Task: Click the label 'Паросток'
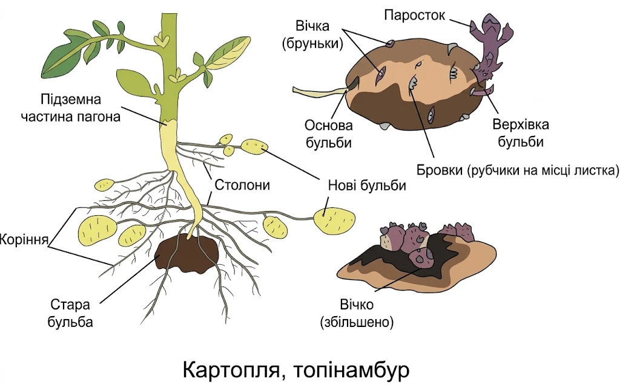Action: (x=414, y=15)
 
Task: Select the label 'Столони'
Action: (x=242, y=184)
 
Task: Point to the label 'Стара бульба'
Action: (x=70, y=313)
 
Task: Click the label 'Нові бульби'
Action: (x=367, y=185)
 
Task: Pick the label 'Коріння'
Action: (x=24, y=239)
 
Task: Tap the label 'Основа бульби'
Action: (x=328, y=134)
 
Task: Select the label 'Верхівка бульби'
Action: (x=520, y=133)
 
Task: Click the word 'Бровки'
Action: (x=440, y=170)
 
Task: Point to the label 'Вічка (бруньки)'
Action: (x=312, y=34)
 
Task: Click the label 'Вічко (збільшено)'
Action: (x=357, y=313)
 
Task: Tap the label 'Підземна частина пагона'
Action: (x=70, y=108)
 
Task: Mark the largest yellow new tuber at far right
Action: (x=334, y=221)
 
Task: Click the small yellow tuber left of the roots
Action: (x=105, y=184)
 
